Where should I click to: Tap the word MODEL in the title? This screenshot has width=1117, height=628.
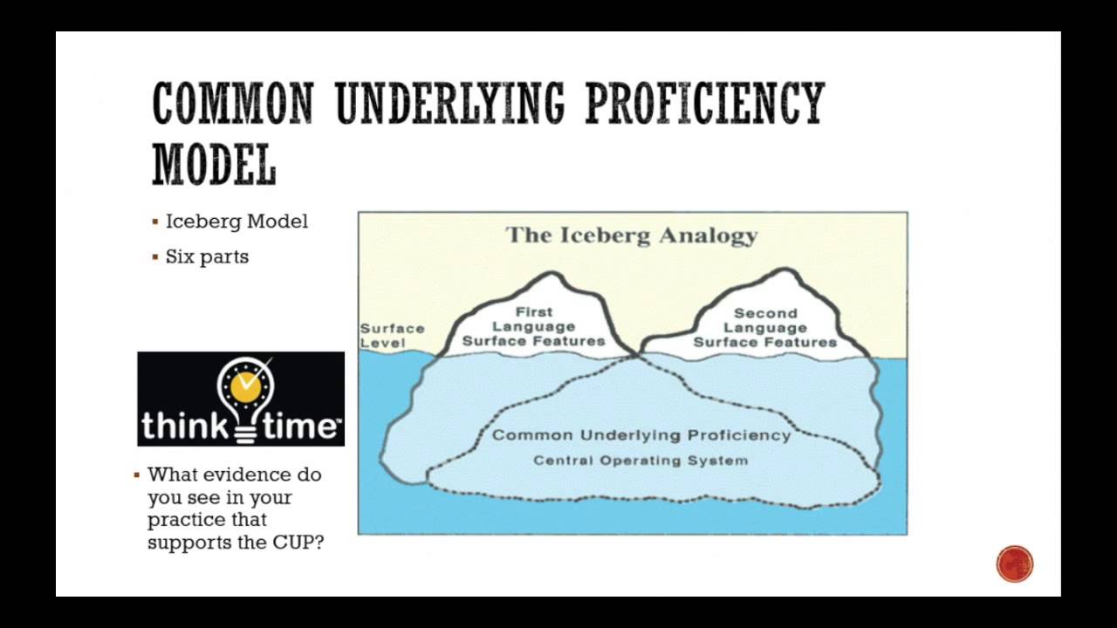click(214, 164)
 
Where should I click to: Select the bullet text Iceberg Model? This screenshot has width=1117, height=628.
click(236, 222)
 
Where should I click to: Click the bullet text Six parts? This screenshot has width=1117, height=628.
click(207, 256)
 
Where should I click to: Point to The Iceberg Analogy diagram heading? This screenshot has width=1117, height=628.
click(632, 235)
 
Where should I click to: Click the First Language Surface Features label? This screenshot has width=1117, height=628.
click(533, 326)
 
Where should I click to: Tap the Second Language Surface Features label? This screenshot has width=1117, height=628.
click(764, 327)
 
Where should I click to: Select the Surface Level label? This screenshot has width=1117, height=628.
click(392, 335)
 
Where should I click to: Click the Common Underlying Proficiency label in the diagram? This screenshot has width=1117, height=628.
click(641, 435)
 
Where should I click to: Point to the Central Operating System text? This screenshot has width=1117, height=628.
click(641, 460)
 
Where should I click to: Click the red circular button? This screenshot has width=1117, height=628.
click(1014, 563)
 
